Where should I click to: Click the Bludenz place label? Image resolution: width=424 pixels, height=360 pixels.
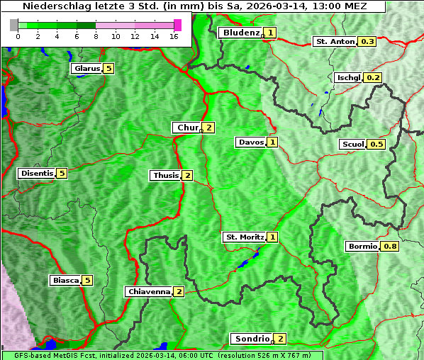(x=241, y=33)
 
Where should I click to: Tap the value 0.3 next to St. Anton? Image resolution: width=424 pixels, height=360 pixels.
(x=368, y=42)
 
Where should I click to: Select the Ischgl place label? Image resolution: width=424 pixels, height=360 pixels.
(x=348, y=77)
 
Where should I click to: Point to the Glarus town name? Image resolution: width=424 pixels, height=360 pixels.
(x=86, y=69)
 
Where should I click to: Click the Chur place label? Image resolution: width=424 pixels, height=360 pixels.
(x=187, y=128)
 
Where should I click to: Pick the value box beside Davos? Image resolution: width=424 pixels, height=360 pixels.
(x=272, y=142)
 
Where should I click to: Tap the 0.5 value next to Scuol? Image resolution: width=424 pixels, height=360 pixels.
(x=376, y=145)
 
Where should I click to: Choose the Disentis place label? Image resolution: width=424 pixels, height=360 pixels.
(x=37, y=173)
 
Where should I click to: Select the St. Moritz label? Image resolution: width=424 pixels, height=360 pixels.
(x=244, y=237)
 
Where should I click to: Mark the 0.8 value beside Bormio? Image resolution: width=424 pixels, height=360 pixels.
(x=390, y=247)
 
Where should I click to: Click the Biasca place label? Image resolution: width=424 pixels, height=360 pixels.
(x=65, y=280)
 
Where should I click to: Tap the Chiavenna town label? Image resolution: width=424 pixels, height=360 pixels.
(x=148, y=291)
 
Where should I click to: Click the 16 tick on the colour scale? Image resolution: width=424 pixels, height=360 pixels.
(x=174, y=36)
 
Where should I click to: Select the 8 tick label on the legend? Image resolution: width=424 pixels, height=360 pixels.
(x=96, y=36)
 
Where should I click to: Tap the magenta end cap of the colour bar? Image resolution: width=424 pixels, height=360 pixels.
(x=177, y=25)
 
